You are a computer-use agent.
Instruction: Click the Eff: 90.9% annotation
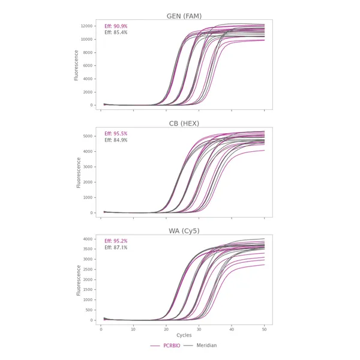[116, 26]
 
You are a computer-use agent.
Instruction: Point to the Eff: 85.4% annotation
[116, 32]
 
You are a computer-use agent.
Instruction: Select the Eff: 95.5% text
[116, 134]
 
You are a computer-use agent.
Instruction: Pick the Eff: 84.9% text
[116, 140]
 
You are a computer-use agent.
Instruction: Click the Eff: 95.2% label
[116, 241]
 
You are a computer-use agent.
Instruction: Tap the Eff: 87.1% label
[116, 247]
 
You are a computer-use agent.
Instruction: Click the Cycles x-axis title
[184, 335]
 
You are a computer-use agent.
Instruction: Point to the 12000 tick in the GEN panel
[86, 26]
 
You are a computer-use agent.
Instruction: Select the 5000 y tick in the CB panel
[88, 136]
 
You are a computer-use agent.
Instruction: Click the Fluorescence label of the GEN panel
[76, 65]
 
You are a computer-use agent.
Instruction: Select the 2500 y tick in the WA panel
[88, 269]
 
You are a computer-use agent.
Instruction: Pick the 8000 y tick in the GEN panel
[88, 53]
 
